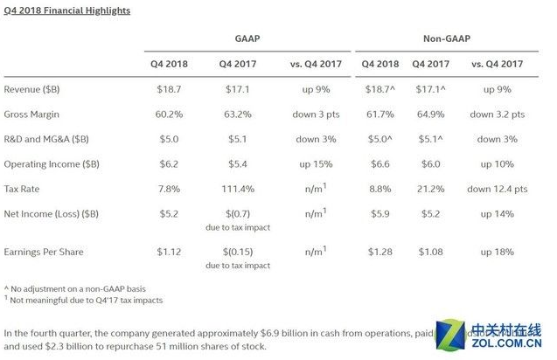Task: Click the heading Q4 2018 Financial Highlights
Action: [67, 10]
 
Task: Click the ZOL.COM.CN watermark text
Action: [512, 344]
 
